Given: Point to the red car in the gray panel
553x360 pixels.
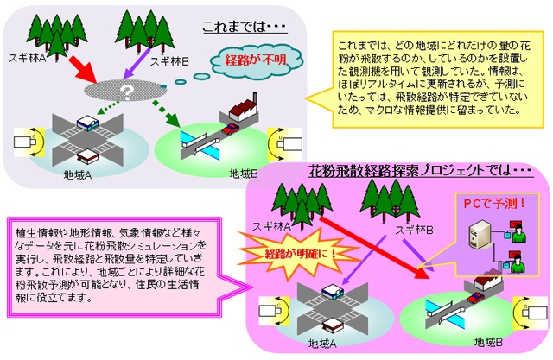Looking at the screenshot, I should [230, 129].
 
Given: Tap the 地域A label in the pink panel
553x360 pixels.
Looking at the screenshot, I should [324, 344].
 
